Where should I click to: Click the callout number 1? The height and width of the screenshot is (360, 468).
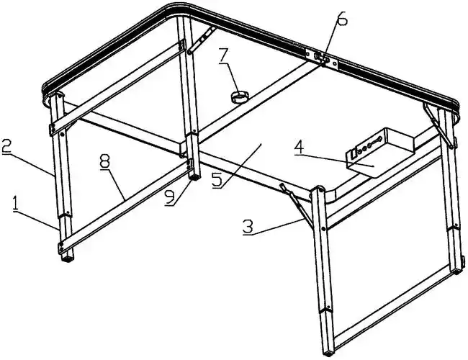14,204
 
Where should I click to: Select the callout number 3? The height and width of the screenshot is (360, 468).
248,228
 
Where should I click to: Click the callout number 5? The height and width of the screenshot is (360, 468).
217,179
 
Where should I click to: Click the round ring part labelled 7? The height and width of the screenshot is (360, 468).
240,97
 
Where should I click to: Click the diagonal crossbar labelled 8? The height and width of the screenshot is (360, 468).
124,205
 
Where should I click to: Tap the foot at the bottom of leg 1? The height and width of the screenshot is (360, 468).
68,258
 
